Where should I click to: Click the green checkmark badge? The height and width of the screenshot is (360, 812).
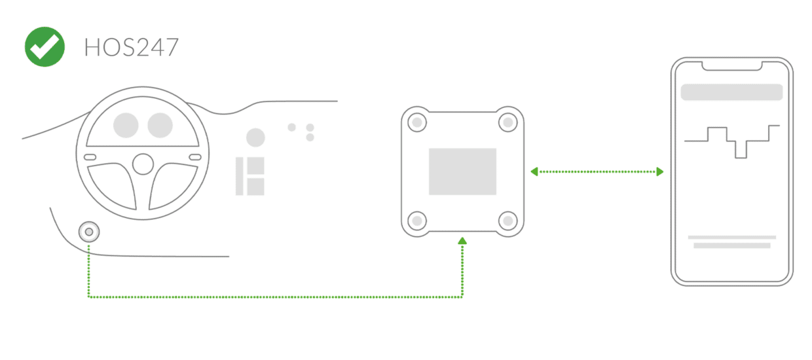(45, 47)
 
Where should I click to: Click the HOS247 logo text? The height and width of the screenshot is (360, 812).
(131, 48)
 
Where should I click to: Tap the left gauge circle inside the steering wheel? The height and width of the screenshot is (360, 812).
(126, 125)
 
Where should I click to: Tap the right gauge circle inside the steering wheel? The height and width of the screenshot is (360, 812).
(160, 125)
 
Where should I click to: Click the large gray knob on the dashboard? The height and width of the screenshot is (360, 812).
(255, 137)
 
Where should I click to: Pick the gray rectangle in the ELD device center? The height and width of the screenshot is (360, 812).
(462, 171)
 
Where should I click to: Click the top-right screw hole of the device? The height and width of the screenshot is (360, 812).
(507, 122)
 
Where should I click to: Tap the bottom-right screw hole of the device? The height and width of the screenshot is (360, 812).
(507, 221)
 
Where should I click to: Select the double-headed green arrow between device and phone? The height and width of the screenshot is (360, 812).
(596, 171)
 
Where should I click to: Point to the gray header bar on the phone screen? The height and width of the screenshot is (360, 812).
(732, 92)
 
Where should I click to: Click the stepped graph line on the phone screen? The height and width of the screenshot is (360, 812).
(732, 140)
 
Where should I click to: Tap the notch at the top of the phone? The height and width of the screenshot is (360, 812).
(732, 66)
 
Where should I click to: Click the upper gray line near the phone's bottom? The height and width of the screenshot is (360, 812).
(732, 237)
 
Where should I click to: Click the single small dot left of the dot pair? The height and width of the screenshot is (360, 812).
(292, 127)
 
